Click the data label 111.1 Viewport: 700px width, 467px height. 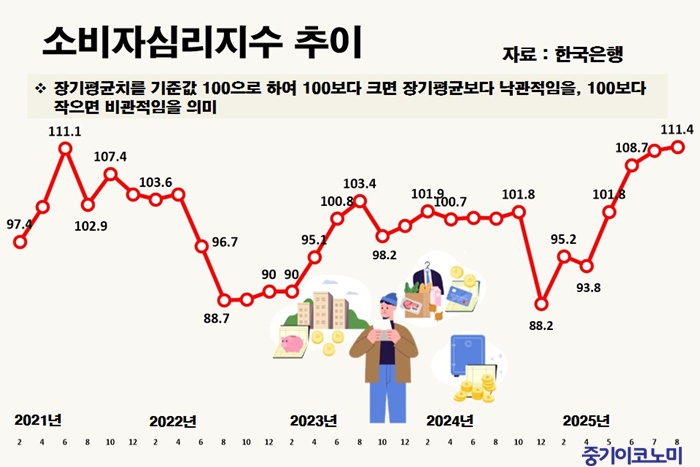pyautogui.click(x=64, y=131)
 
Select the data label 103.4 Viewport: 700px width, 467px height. pyautogui.click(x=359, y=184)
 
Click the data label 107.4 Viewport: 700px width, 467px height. pyautogui.click(x=110, y=156)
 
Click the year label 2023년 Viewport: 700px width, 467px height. pyautogui.click(x=314, y=419)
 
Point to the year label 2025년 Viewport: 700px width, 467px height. pyautogui.click(x=587, y=419)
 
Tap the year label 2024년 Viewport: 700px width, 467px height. pyautogui.click(x=450, y=419)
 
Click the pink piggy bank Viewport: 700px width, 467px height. pyautogui.click(x=291, y=341)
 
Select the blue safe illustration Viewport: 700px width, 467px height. pyautogui.click(x=467, y=353)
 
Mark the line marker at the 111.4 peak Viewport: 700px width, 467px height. pyautogui.click(x=678, y=147)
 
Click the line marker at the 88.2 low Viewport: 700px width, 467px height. pyautogui.click(x=541, y=302)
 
